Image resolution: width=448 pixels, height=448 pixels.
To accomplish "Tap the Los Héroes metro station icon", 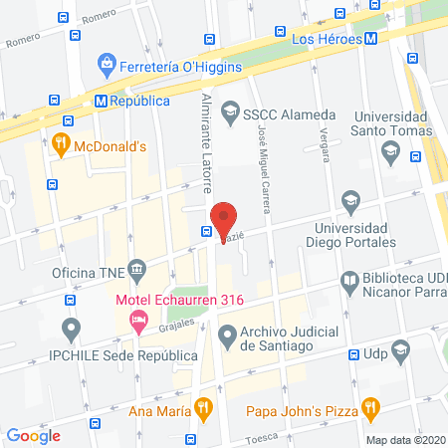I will point(370,39).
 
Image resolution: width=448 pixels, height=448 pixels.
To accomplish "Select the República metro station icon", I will point(101,101).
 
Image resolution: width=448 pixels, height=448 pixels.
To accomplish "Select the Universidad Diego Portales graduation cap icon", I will point(349,201).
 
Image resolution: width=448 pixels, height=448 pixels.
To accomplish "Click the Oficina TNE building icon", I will point(137,268).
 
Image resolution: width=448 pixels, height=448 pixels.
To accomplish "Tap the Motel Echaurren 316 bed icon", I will point(138,320).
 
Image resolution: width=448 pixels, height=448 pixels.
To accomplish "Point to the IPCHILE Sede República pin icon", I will point(70,328).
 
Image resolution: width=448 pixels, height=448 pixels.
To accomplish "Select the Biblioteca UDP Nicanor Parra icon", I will point(349,282).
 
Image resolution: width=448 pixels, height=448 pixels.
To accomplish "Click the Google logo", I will point(34,435).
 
